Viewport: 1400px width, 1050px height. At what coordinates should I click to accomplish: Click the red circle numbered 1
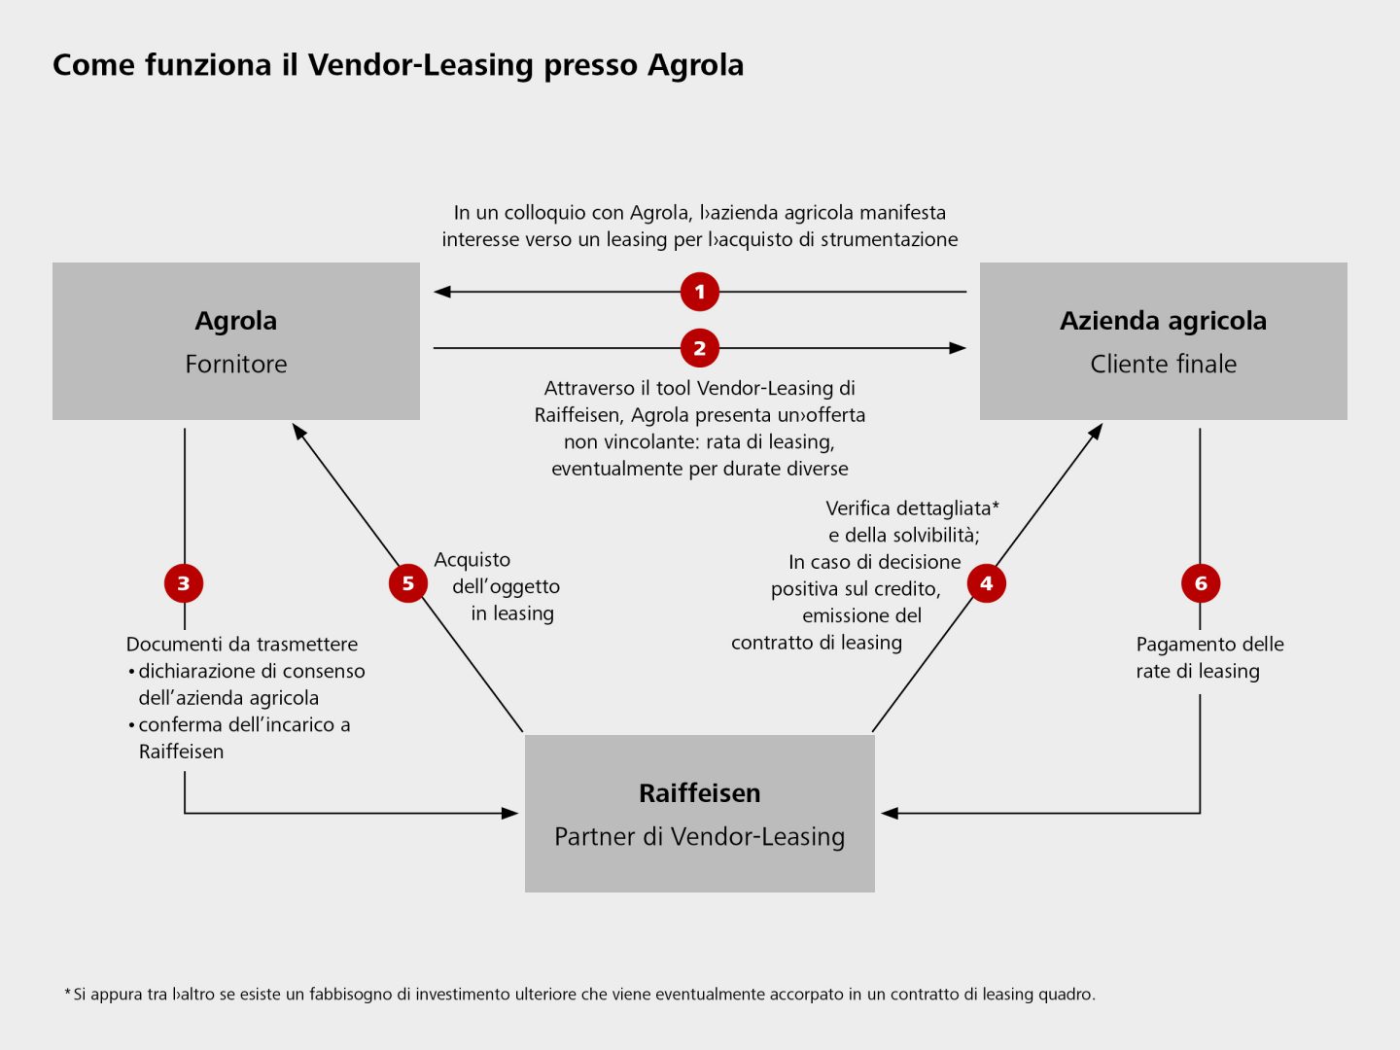(x=699, y=292)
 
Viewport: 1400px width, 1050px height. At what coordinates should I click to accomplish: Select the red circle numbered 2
(x=699, y=348)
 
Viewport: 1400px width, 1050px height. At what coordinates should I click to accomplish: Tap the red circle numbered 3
(x=184, y=583)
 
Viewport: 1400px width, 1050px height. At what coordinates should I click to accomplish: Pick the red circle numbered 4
(x=986, y=583)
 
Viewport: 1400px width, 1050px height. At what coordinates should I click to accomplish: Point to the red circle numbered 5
(x=408, y=583)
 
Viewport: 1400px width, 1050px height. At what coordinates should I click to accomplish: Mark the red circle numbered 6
(x=1201, y=583)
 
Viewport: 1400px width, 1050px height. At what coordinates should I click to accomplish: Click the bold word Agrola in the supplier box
(x=236, y=321)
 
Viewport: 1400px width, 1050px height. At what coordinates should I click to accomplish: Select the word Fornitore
(x=236, y=365)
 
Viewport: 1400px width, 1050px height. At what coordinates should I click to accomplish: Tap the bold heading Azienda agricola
(x=1163, y=321)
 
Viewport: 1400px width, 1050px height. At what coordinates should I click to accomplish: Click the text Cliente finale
(x=1163, y=365)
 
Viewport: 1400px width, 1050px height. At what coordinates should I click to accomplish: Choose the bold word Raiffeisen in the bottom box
(x=700, y=793)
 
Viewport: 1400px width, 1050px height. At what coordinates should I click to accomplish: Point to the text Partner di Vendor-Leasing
(x=700, y=837)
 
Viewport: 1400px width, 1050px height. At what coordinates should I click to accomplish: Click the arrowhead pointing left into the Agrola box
(x=442, y=292)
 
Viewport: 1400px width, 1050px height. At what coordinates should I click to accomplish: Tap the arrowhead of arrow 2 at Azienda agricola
(x=958, y=348)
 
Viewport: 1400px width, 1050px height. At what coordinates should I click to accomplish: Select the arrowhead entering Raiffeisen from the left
(x=509, y=813)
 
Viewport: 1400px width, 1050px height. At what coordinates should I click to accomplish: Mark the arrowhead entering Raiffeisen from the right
(x=890, y=813)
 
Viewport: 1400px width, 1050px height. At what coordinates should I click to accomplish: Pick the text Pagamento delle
(x=1209, y=645)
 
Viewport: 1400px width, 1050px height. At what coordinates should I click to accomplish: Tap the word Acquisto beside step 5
(x=472, y=560)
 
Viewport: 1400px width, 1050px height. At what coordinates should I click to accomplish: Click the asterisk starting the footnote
(x=68, y=993)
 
